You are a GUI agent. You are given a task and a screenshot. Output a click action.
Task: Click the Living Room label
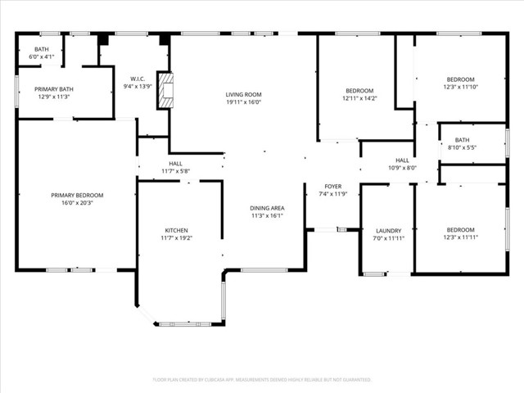point(243,95)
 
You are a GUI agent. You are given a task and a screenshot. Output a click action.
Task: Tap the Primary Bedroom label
point(77,195)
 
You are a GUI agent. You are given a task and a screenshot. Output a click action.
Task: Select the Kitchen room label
point(176,230)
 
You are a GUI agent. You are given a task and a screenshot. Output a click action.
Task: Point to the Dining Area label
point(267,208)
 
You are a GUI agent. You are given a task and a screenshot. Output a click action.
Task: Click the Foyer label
point(332,186)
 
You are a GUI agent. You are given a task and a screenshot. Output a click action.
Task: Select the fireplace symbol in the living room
point(166,91)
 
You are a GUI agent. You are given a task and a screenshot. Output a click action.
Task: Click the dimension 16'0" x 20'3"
point(77,203)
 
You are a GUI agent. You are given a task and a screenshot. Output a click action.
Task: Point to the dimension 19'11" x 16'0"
point(243,103)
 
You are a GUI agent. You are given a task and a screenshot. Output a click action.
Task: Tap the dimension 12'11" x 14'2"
point(359,98)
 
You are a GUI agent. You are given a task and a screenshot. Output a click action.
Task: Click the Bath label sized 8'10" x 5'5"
point(462,140)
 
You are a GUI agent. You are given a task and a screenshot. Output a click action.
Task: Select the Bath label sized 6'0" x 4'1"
point(41,48)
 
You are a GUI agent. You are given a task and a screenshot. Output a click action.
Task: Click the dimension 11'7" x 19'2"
point(176,238)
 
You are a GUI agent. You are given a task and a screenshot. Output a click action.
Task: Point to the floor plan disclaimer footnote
point(262,380)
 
